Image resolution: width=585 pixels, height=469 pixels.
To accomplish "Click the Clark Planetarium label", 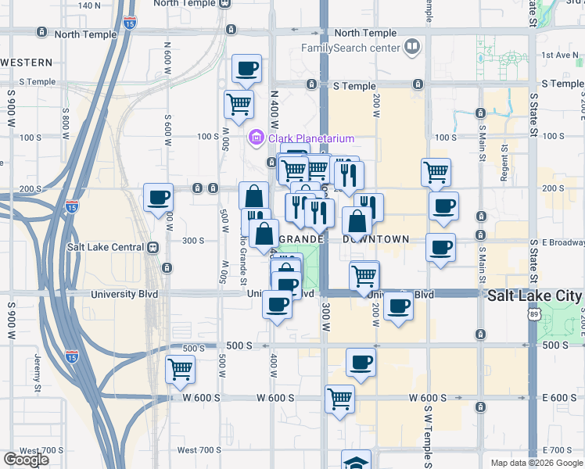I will click(x=311, y=139).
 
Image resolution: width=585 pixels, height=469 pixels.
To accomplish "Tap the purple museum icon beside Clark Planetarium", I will click(x=256, y=139).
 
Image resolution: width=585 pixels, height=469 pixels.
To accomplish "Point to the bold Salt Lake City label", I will click(x=534, y=296).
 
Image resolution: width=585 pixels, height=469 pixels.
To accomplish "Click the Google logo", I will click(x=26, y=460).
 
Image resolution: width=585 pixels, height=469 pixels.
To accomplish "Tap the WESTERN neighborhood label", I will click(x=27, y=62).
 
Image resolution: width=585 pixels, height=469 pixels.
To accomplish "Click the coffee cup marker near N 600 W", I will click(x=158, y=199).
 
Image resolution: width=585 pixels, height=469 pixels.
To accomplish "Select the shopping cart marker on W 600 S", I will click(x=340, y=399).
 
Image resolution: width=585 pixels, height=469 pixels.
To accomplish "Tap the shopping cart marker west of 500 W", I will click(x=181, y=368).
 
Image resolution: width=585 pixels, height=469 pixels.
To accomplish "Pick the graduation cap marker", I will click(x=357, y=462).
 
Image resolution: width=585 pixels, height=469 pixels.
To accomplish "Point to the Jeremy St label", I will click(x=37, y=371).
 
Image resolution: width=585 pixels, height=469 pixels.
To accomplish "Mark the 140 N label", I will click(x=89, y=5).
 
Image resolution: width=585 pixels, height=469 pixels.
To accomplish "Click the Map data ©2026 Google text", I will click(x=537, y=463).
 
